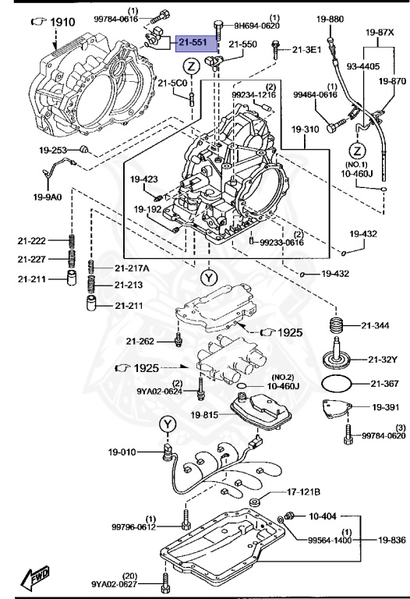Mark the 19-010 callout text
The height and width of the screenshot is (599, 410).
[122, 452]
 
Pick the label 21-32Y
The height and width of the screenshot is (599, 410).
[383, 359]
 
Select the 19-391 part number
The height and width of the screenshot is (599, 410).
[385, 406]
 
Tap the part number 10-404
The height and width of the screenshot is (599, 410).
[323, 516]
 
